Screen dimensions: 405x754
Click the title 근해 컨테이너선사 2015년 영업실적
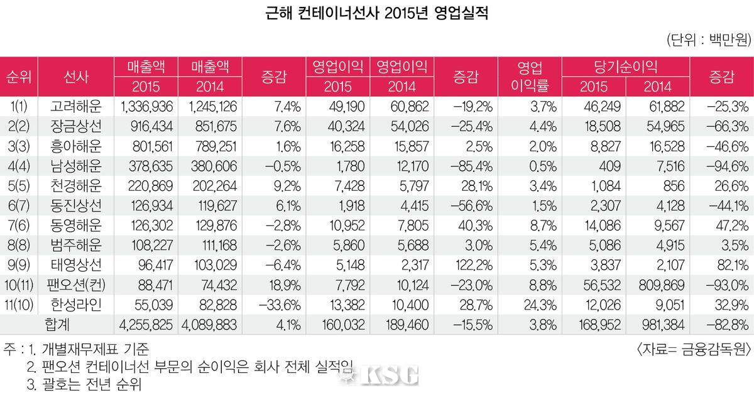(377, 13)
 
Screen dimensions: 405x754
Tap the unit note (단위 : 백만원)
(708, 40)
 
